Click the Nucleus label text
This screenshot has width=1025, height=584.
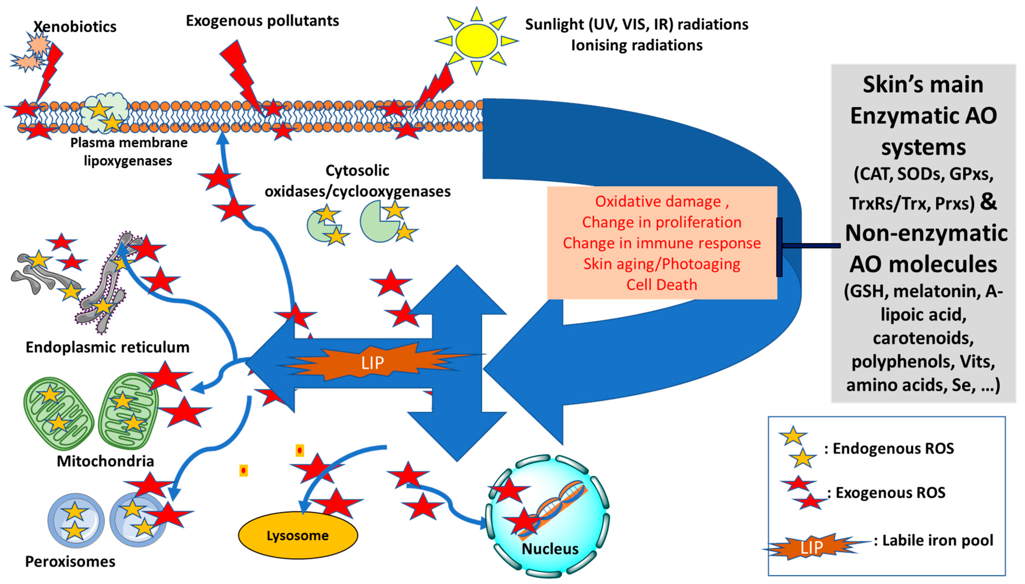point(550,549)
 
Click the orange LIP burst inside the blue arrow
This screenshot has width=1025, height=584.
point(373,362)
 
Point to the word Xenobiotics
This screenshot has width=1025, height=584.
point(75,26)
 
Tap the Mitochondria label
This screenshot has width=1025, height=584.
point(105,461)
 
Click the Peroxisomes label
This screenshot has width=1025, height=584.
point(70,561)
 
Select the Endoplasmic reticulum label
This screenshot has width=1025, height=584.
point(108,347)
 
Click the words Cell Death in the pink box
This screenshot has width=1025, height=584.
point(661,284)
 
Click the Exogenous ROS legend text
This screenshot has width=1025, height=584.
point(890,492)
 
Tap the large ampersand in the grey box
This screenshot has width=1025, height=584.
point(989,201)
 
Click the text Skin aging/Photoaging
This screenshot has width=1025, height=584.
point(661,264)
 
